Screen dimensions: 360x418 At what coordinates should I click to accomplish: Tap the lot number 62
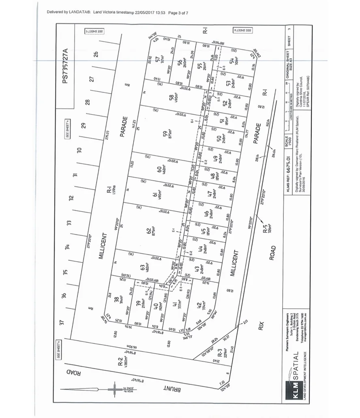[149, 231]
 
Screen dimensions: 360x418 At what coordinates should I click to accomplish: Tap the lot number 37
[62, 322]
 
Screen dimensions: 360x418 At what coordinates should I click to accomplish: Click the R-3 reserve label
[220, 354]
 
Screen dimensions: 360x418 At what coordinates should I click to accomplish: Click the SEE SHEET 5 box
[94, 31]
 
